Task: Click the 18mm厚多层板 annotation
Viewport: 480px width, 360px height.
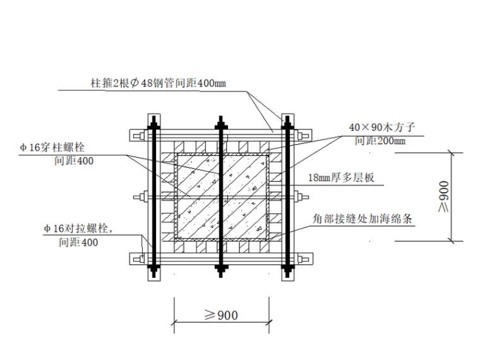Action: coord(342,178)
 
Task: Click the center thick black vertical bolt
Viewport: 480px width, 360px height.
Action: coord(220,196)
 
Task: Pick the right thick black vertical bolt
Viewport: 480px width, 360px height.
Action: coord(288,196)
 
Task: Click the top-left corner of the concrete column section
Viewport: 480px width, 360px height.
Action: coord(175,154)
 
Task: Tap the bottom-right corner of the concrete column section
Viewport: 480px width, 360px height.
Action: coord(267,238)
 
